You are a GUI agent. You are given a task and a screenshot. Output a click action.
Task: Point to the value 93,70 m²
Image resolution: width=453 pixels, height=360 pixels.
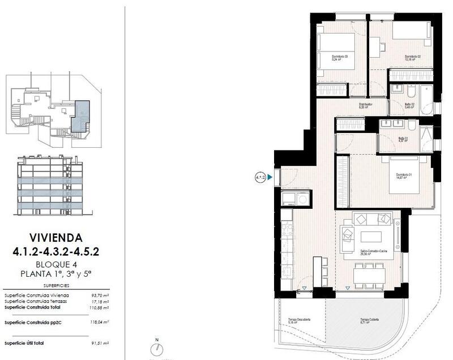click(100, 295)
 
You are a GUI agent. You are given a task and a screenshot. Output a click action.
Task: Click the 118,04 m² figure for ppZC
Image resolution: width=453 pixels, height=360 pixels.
click(100, 322)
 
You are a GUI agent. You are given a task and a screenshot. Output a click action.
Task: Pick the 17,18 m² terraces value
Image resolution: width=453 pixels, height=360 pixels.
click(100, 302)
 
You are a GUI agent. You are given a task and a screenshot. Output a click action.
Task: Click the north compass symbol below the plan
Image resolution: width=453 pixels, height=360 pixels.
click(157, 349)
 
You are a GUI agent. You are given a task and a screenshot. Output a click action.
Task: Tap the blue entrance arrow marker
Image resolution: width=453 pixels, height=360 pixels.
click(270, 177)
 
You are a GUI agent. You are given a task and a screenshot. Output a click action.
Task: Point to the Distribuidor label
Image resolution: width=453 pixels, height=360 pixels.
click(366, 104)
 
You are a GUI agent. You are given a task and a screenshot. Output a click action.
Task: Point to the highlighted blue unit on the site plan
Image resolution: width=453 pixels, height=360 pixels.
click(82, 115)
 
